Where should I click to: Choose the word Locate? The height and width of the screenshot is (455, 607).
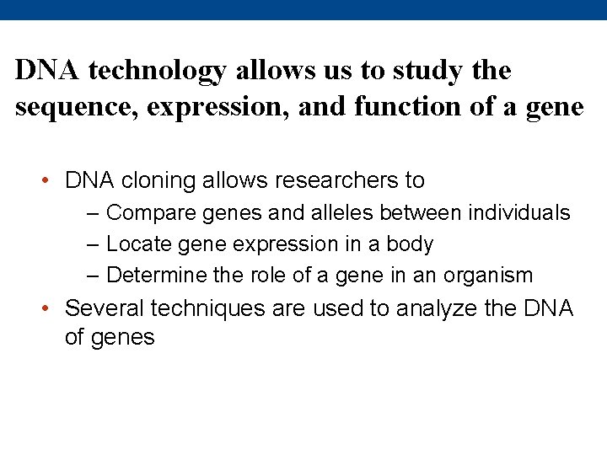[138, 244]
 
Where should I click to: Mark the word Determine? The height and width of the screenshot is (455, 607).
[158, 275]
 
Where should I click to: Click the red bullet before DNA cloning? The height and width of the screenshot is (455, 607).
[49, 181]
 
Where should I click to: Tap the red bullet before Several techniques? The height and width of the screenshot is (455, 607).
[49, 309]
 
